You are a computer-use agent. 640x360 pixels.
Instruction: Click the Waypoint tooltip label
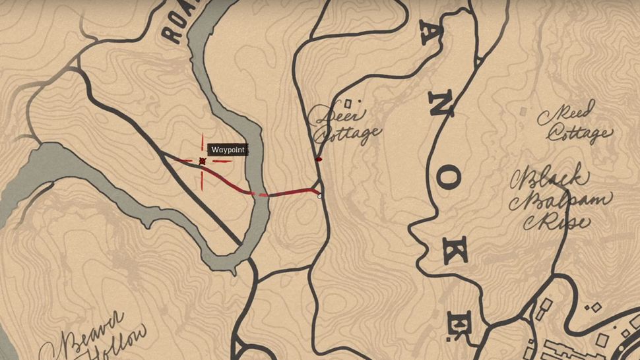[x=228, y=150]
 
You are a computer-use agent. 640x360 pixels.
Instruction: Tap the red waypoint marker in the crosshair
[x=202, y=161]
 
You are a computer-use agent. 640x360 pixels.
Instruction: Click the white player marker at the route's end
[x=320, y=195]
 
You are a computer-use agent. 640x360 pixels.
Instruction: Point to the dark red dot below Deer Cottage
[x=319, y=159]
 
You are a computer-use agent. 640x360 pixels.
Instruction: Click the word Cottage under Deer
[x=348, y=134]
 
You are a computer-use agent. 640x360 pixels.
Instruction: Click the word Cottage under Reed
[x=579, y=134]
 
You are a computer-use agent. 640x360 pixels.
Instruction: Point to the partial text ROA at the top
[x=177, y=23]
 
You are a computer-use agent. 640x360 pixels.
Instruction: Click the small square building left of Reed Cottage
[x=523, y=109]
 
